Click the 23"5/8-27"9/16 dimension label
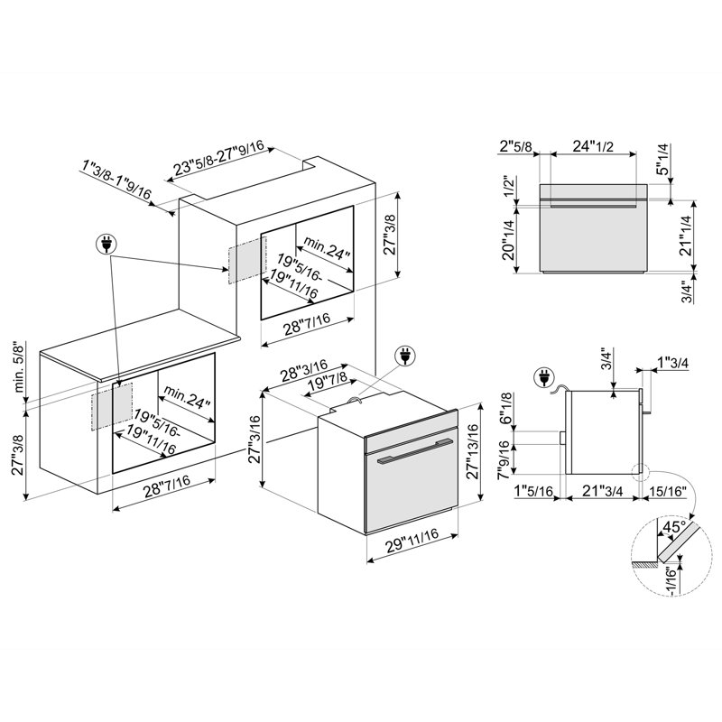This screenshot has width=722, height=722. (x=218, y=158)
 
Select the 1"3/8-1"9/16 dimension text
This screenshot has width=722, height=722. (x=116, y=180)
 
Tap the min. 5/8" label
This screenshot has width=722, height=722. (x=19, y=366)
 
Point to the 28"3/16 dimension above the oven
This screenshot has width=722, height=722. (x=304, y=370)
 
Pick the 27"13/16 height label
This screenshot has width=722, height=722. (x=473, y=451)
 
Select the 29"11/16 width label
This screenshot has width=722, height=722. (x=412, y=540)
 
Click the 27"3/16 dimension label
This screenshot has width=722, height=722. (x=255, y=440)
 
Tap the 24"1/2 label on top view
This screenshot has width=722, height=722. (x=593, y=146)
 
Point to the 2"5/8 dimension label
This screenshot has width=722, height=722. (x=516, y=146)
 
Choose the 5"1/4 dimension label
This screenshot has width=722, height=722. (x=662, y=160)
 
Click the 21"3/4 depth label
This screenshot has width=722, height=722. (x=602, y=491)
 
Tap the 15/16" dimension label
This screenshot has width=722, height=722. (x=668, y=491)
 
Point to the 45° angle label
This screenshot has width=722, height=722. (x=673, y=526)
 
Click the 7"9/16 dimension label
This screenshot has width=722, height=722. (x=504, y=460)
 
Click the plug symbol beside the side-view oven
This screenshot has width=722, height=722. (x=545, y=377)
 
